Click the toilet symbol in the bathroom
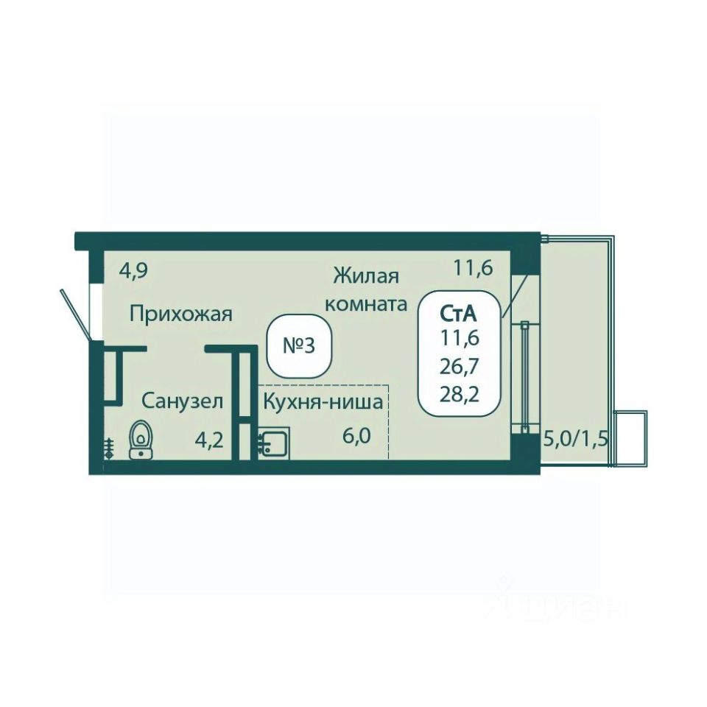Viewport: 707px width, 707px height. (x=141, y=440)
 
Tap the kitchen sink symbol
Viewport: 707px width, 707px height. (x=274, y=443)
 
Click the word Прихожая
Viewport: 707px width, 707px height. (x=181, y=314)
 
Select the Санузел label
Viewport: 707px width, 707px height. (x=182, y=401)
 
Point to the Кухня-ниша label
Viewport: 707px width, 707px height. (x=323, y=401)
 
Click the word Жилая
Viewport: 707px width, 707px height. (x=366, y=276)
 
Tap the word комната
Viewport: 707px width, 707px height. (x=366, y=303)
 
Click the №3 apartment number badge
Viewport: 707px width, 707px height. (x=299, y=346)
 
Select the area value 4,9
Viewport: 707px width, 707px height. (x=134, y=271)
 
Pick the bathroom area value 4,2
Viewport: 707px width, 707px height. (x=208, y=440)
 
